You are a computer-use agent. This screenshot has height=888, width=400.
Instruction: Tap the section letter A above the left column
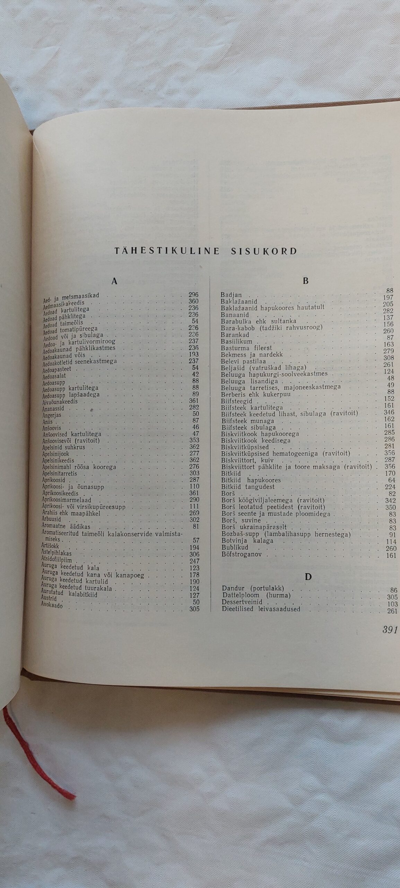tap(114, 281)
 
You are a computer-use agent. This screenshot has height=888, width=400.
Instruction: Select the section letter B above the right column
tap(305, 281)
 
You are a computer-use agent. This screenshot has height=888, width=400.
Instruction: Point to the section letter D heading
tap(308, 577)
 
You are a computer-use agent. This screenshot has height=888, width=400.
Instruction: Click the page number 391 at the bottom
tap(390, 630)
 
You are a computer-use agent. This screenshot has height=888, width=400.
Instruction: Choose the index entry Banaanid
tap(235, 315)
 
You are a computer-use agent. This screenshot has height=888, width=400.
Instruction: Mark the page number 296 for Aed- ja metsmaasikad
tap(193, 295)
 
